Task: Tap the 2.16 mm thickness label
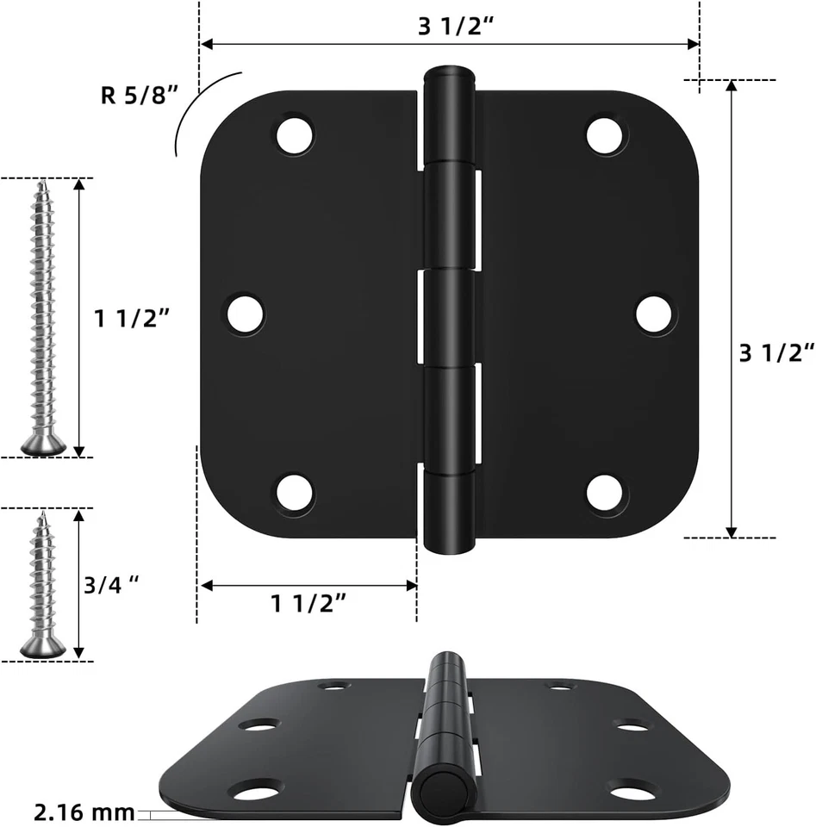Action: click(84, 811)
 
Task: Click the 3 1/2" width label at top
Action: click(456, 26)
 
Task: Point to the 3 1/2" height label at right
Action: click(776, 352)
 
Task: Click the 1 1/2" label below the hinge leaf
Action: click(309, 603)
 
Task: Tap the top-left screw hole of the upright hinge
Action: click(295, 135)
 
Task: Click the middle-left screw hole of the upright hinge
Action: click(246, 314)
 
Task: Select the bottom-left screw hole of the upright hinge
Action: click(295, 494)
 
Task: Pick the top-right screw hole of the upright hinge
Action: click(606, 135)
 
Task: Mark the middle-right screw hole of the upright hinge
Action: click(655, 314)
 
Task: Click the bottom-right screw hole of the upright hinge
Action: click(606, 494)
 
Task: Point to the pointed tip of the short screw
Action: click(40, 515)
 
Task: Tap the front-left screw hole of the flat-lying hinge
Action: click(255, 788)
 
